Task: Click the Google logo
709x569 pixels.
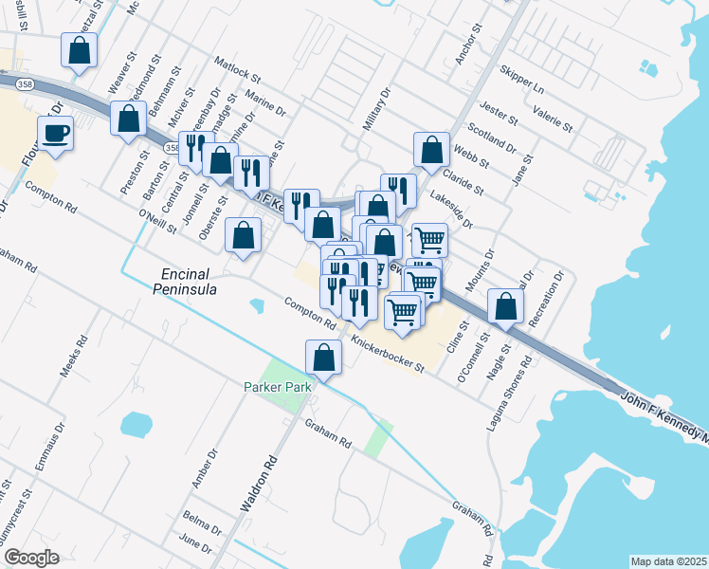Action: pos(31,558)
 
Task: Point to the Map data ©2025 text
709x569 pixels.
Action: pos(668,561)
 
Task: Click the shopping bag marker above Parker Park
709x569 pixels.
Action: pos(323,357)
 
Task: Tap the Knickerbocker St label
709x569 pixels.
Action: pos(386,354)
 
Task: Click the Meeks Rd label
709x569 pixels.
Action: pos(74,356)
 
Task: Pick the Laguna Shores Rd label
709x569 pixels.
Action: pos(503,396)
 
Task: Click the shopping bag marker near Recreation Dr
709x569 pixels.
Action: pos(506,305)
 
